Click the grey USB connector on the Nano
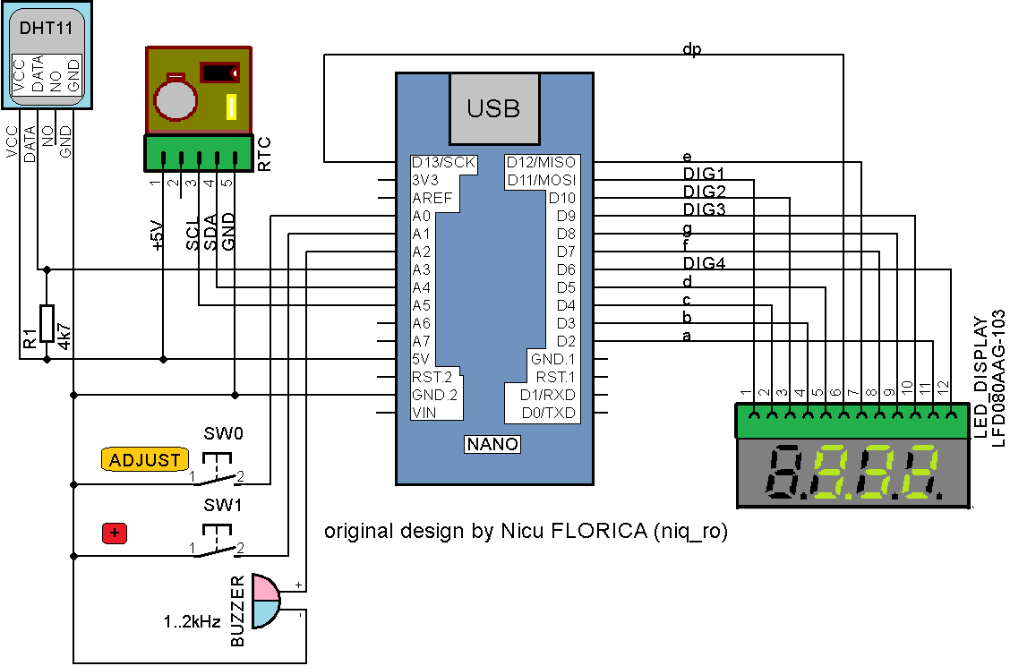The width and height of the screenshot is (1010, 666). pos(493,109)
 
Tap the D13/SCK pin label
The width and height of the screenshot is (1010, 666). pos(443,162)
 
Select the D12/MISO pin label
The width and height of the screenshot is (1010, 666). pos(542,162)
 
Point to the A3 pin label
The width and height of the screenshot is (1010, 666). pos(422,269)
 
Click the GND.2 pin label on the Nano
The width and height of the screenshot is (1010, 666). pos(434,395)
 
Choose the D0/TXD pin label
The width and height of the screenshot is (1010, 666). pos(550,413)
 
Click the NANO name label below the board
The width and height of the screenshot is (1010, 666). pos(493,444)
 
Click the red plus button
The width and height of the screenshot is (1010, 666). pos(115,534)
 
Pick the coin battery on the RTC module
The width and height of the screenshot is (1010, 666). pos(176,98)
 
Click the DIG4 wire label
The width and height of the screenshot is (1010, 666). pos(704,263)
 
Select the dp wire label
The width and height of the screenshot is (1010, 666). pos(691,49)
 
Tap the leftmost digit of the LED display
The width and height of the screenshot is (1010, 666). pos(783,473)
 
